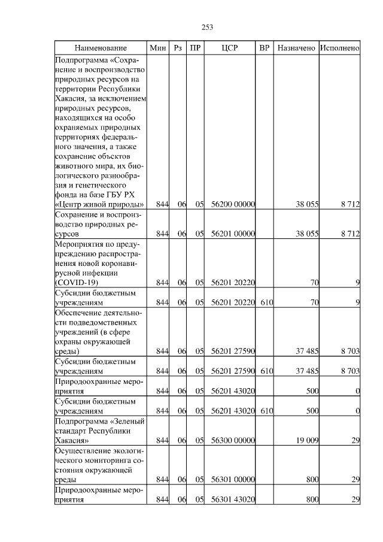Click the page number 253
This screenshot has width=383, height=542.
point(208,27)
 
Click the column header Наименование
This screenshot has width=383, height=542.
point(101,47)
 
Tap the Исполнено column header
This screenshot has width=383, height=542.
point(340,47)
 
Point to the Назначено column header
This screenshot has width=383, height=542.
point(296,47)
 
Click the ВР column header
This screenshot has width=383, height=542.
point(264,47)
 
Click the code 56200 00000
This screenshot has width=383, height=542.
point(233,205)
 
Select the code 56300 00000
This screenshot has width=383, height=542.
point(233,441)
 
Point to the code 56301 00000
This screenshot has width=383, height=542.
point(233,480)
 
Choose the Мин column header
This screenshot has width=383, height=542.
point(158,47)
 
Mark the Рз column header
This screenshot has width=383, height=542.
point(177,47)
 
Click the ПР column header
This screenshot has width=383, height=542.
point(196,47)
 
